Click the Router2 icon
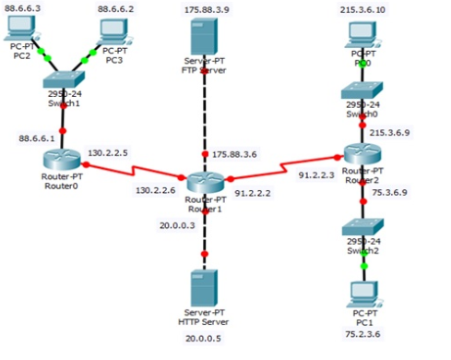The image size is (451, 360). click(361, 153)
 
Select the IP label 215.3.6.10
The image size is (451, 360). click(362, 8)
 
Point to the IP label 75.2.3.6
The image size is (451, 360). click(362, 337)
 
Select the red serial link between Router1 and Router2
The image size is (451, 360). click(281, 167)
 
